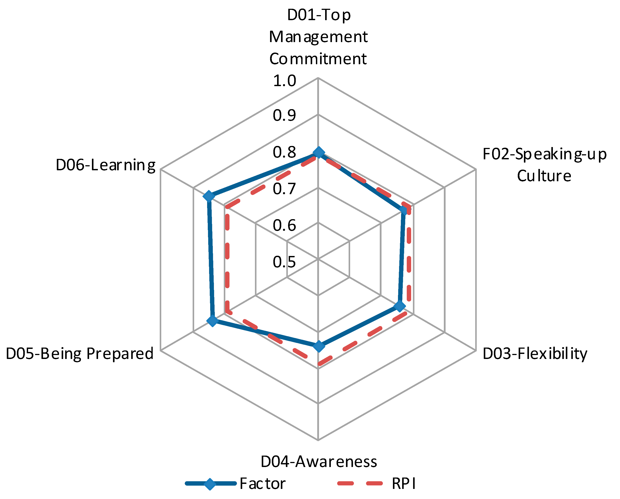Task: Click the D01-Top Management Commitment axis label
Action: click(318, 37)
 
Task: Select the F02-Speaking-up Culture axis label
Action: click(544, 165)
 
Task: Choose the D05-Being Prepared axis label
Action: click(79, 353)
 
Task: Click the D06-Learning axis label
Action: click(105, 165)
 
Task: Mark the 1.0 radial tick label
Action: click(284, 81)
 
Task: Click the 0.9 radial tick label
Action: click(284, 115)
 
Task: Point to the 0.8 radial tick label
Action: click(284, 152)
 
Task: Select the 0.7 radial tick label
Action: click(284, 189)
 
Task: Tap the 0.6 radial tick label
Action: click(284, 225)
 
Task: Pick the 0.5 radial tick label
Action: click(284, 262)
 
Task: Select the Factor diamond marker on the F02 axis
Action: click(404, 211)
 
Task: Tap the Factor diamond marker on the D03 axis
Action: click(399, 306)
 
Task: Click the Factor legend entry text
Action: click(262, 484)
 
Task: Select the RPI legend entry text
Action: click(404, 484)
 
